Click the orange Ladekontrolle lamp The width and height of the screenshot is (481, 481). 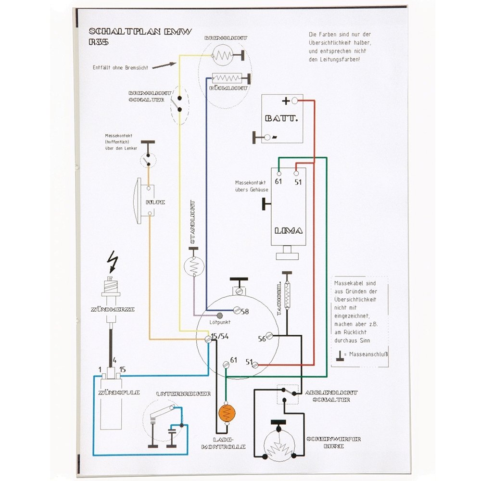(x=227, y=413)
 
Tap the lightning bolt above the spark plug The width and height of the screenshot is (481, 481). (x=114, y=262)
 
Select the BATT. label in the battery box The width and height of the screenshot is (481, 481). (x=281, y=118)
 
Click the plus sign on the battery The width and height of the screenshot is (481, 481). (x=286, y=101)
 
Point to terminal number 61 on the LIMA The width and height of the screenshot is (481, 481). (x=278, y=181)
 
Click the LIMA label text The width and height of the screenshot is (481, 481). (x=289, y=231)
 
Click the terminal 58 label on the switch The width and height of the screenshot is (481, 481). (x=245, y=312)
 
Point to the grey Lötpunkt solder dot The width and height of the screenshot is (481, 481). (x=220, y=316)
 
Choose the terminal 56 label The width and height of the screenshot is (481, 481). (x=262, y=339)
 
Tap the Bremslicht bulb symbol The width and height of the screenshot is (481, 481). (x=222, y=56)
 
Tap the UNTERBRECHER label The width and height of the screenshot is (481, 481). (x=183, y=394)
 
